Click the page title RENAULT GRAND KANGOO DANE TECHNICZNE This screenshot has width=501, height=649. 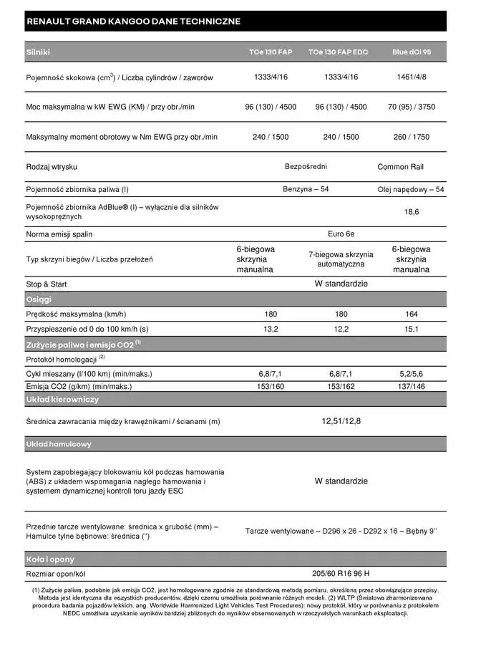133,21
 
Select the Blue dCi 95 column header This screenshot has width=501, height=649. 411,52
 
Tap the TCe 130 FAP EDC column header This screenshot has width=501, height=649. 341,52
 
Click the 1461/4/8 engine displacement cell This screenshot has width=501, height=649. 411,77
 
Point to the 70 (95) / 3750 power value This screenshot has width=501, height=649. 411,107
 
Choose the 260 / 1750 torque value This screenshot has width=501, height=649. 411,137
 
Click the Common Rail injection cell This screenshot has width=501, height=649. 400,167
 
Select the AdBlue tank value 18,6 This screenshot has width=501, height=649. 412,211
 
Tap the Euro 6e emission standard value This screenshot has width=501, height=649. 341,234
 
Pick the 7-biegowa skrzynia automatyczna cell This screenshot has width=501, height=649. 341,259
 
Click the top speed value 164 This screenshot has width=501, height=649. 412,314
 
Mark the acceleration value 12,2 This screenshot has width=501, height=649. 341,329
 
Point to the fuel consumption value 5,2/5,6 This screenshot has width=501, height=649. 412,374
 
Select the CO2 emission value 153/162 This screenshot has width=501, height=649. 341,387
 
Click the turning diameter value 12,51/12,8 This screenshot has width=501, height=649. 341,421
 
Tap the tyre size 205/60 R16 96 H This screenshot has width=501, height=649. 341,574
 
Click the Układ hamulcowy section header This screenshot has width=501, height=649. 59,444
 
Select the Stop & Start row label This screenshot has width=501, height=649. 47,284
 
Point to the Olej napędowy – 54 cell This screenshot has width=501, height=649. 411,189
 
